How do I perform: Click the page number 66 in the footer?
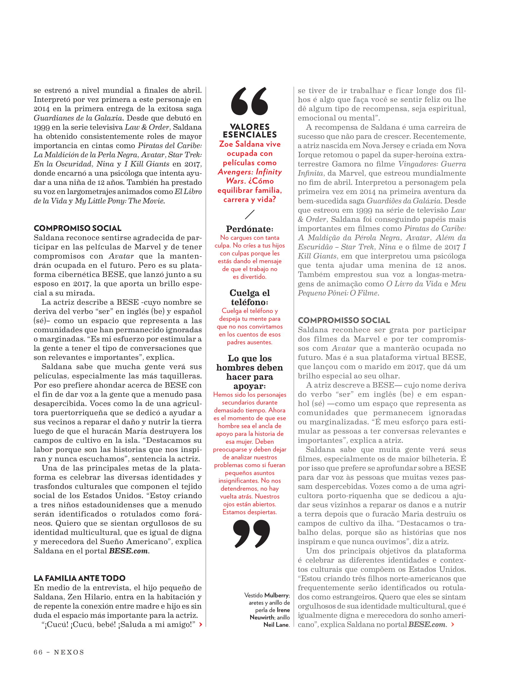(x=38, y=652)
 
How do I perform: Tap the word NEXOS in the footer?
(x=69, y=652)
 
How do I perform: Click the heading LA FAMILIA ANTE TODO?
(x=79, y=578)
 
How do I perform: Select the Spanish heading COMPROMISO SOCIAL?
(x=78, y=228)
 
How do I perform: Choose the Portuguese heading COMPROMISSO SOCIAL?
(x=344, y=320)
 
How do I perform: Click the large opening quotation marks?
(x=250, y=101)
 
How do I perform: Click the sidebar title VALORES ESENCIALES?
(x=250, y=131)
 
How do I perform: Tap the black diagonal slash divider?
(x=250, y=214)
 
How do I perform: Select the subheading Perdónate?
(x=250, y=229)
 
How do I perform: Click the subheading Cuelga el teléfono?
(x=250, y=298)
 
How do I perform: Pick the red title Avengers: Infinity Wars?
(x=250, y=176)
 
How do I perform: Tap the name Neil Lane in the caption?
(x=276, y=625)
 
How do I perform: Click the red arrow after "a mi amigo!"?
(x=201, y=624)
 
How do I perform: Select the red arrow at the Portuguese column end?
(x=453, y=624)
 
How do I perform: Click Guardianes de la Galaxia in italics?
(x=78, y=118)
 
